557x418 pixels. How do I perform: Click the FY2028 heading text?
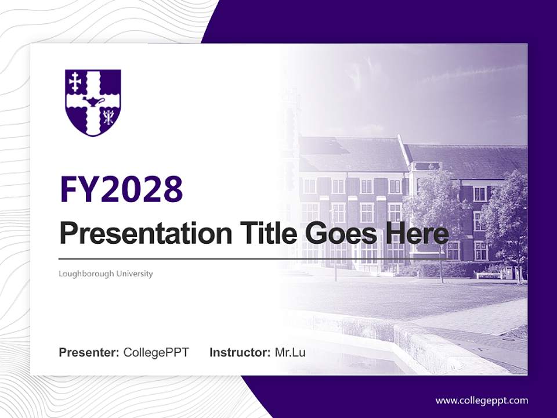click(x=121, y=189)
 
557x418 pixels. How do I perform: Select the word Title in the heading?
click(x=265, y=233)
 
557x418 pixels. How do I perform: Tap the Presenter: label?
click(x=89, y=352)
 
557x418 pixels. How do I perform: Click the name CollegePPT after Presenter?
click(x=156, y=352)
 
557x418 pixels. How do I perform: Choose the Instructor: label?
click(x=240, y=352)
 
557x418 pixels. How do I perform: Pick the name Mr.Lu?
click(x=290, y=352)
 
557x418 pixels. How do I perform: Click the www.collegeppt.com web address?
click(x=482, y=401)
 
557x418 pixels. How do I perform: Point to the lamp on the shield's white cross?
click(x=93, y=102)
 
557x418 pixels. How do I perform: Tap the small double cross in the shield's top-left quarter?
click(x=75, y=82)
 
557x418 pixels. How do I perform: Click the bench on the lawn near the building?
click(x=489, y=275)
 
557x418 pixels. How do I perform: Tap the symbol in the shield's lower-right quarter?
click(x=108, y=118)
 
